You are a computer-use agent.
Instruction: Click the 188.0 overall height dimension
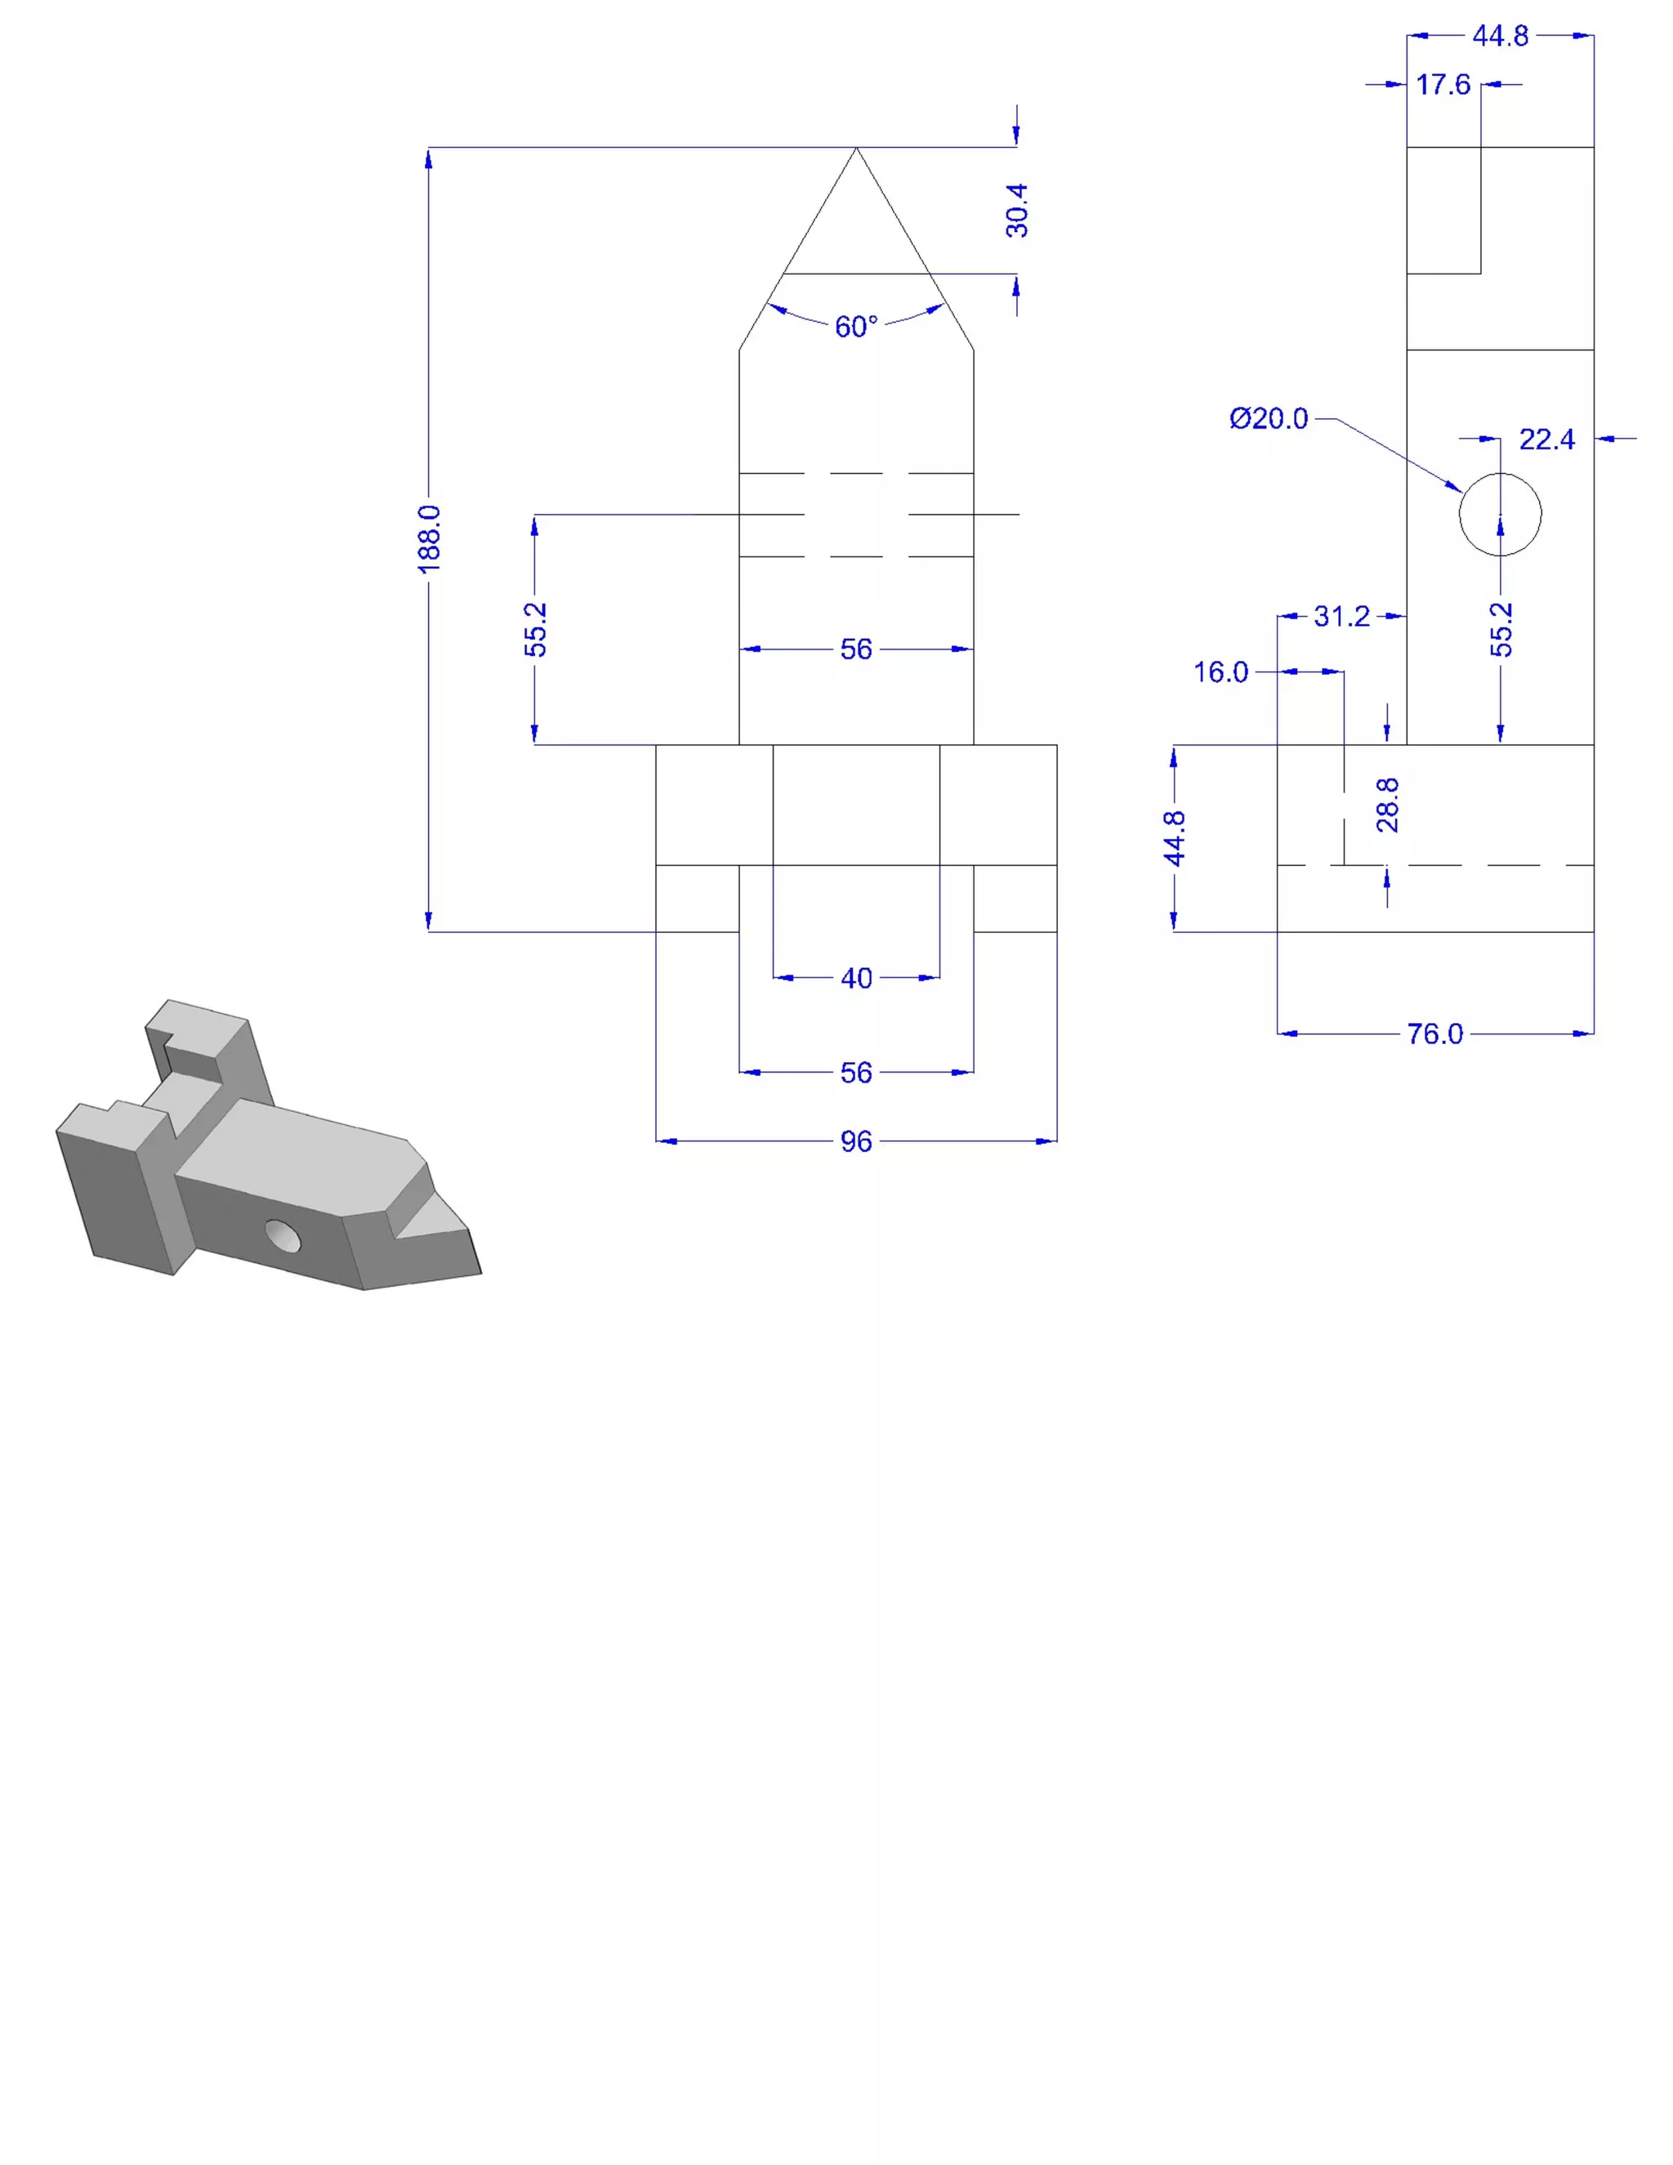[x=428, y=538]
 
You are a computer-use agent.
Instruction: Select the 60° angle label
[x=856, y=326]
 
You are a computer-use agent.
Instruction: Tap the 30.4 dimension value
[x=1017, y=210]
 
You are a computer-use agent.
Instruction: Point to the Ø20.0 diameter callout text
[x=1269, y=418]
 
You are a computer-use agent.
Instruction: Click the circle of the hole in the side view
[x=1500, y=515]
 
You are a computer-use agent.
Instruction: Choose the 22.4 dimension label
[x=1546, y=440]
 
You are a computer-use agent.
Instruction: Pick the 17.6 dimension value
[x=1443, y=85]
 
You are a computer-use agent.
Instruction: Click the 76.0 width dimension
[x=1434, y=1034]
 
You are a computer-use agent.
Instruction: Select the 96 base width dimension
[x=856, y=1142]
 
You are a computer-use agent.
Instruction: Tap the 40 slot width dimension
[x=856, y=979]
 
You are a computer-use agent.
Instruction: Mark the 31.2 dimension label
[x=1341, y=617]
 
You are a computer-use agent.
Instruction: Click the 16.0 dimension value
[x=1220, y=672]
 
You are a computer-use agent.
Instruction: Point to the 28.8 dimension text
[x=1388, y=804]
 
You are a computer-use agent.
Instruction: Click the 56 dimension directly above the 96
[x=856, y=1073]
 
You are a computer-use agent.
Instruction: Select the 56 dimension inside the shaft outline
[x=856, y=649]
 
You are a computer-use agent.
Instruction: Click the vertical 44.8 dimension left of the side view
[x=1175, y=837]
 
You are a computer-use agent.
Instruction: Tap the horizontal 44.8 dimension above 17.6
[x=1501, y=37]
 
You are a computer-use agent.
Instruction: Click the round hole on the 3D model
[x=283, y=1236]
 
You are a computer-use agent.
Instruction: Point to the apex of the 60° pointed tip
[x=856, y=149]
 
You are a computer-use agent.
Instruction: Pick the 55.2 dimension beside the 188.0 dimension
[x=535, y=628]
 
